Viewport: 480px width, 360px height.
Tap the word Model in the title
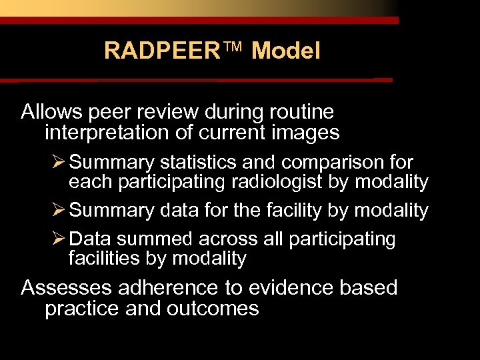[x=285, y=51]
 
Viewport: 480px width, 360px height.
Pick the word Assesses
[x=67, y=288]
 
